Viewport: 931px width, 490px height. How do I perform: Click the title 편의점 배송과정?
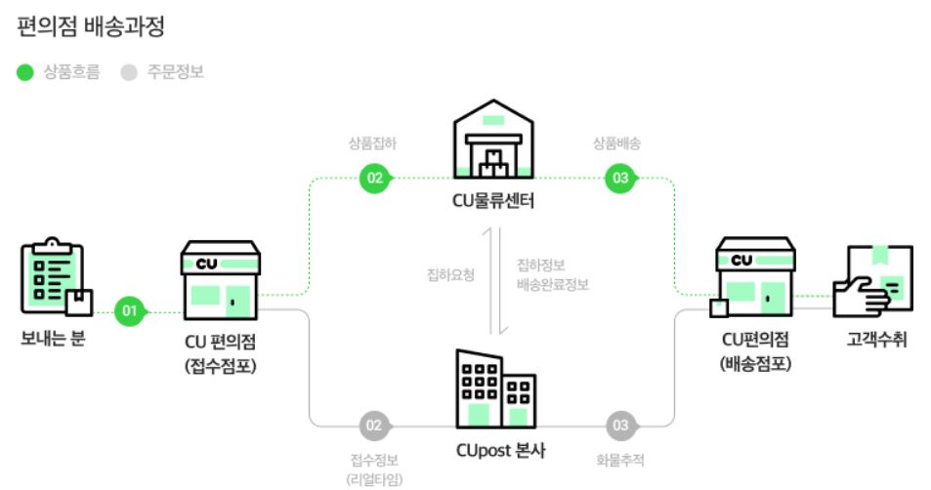(91, 25)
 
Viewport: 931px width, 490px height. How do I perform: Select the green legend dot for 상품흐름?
(25, 72)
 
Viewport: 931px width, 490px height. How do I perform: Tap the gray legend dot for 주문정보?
(129, 72)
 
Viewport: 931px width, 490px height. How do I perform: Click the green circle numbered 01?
(129, 312)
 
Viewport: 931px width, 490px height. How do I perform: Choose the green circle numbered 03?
(619, 178)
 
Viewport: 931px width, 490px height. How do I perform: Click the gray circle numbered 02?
(373, 426)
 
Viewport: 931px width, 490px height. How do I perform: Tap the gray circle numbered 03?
(619, 426)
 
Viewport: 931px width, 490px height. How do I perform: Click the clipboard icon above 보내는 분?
(55, 279)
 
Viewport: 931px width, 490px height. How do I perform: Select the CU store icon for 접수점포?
(220, 280)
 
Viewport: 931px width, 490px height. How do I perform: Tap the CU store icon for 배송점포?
(754, 278)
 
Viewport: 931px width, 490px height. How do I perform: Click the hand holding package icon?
(872, 281)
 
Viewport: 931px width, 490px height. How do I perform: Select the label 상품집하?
(372, 143)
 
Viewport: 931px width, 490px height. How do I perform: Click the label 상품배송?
(616, 143)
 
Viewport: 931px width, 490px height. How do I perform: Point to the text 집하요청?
(450, 275)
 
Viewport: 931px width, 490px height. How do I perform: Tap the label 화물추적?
(619, 460)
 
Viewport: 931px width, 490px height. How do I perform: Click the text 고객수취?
(876, 340)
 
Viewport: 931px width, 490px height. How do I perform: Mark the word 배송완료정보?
(553, 286)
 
